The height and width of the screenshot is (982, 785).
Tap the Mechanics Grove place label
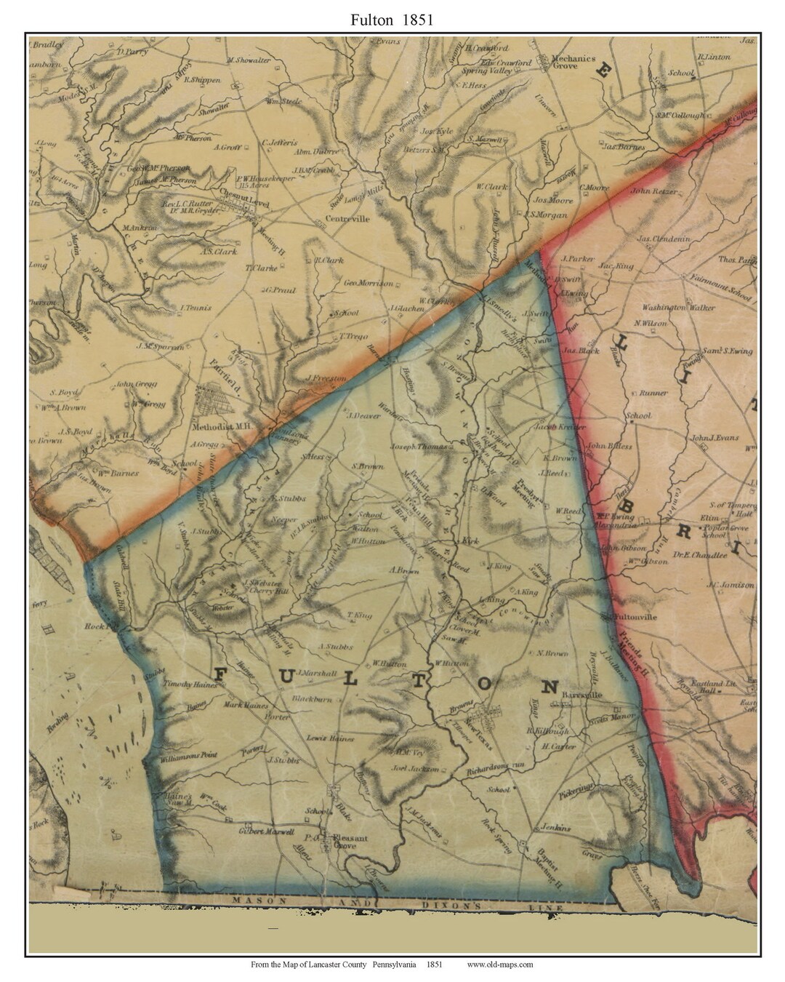pos(573,62)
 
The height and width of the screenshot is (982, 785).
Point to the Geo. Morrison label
pos(368,283)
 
